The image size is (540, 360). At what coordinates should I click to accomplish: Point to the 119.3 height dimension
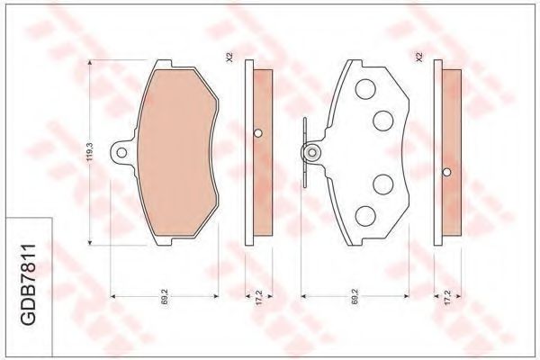pos(89,148)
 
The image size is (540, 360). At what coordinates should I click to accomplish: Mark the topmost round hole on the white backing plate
pos(366,89)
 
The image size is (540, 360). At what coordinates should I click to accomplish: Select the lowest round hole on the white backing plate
pos(366,214)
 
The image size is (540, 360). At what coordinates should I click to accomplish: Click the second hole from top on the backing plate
pos(381,119)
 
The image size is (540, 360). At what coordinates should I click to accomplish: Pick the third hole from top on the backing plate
pos(381,184)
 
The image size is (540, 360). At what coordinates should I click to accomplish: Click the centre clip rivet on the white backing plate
pos(311,153)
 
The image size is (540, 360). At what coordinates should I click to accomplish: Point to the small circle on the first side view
pos(258,134)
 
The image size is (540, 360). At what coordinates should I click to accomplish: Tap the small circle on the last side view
pos(446,171)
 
